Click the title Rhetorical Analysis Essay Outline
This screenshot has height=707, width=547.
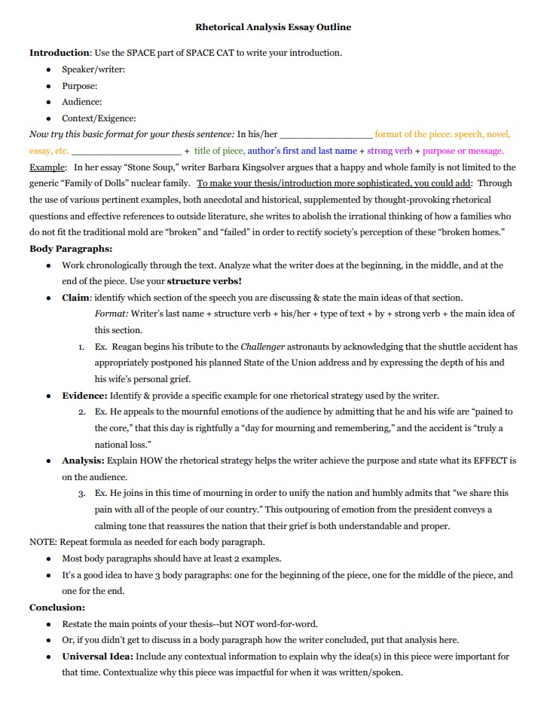(273, 27)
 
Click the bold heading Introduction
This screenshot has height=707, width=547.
(60, 53)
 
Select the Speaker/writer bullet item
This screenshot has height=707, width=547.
(93, 69)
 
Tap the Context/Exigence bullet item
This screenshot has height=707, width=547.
(99, 118)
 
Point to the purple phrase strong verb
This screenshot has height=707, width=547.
(390, 151)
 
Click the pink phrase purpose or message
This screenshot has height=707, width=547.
(463, 151)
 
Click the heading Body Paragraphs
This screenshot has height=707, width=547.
(71, 249)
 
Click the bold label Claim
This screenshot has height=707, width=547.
(76, 298)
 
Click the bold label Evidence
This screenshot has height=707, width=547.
(84, 395)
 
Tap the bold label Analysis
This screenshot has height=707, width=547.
(83, 460)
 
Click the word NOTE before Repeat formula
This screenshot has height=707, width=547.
(42, 542)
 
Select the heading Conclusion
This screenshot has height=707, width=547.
(57, 608)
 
